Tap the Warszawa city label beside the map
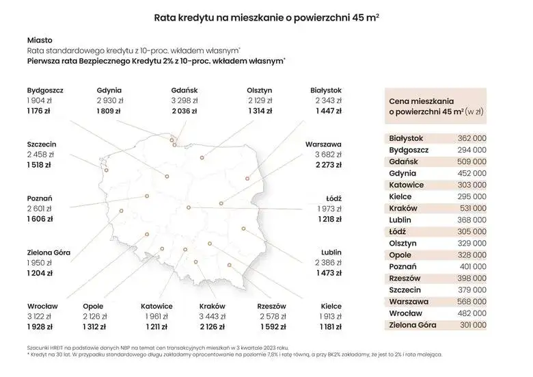click(x=324, y=144)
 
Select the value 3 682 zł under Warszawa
click(x=329, y=155)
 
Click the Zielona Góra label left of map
click(x=49, y=252)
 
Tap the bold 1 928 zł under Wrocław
click(x=40, y=327)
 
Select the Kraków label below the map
click(x=212, y=306)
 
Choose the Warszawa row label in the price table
click(x=408, y=301)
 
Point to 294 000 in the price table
click(x=471, y=150)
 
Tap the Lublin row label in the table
click(x=401, y=220)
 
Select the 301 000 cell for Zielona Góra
click(x=471, y=324)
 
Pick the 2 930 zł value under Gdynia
click(x=110, y=100)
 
